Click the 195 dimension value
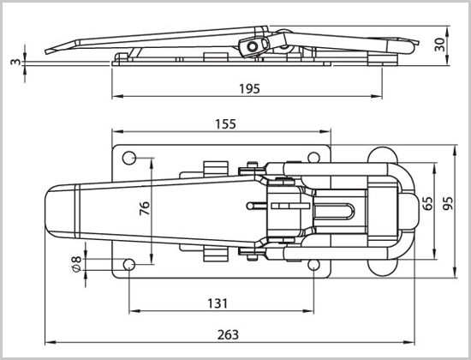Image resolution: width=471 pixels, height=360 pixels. [x=249, y=89]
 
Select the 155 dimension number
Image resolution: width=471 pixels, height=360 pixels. [x=225, y=124]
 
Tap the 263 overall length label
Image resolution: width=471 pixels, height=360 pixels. [x=228, y=335]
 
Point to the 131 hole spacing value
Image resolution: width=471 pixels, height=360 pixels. [x=218, y=303]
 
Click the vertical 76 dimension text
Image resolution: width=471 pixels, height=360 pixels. [x=145, y=208]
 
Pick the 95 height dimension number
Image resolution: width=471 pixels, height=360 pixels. [x=448, y=204]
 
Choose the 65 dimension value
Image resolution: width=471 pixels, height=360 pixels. [x=426, y=204]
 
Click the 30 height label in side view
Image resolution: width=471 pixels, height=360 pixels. [x=439, y=45]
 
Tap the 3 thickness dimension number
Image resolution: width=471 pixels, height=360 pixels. [x=15, y=62]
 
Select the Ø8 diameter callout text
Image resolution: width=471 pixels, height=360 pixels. [x=76, y=264]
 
